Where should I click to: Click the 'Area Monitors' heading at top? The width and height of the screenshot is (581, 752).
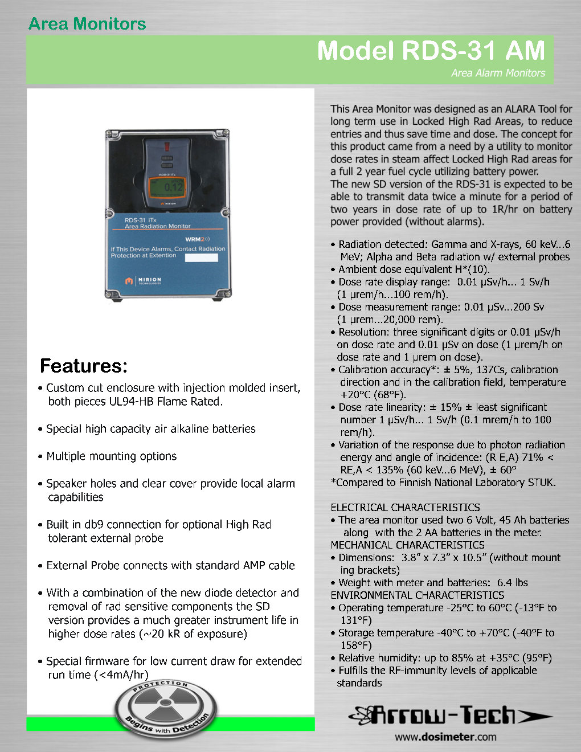[x=87, y=24]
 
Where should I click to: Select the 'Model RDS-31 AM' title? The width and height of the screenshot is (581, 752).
[x=431, y=51]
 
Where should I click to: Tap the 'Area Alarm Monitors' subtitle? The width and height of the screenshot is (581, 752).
[x=498, y=73]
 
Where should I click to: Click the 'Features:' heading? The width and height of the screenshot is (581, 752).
[x=84, y=366]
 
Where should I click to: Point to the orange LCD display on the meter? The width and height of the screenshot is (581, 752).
[x=166, y=186]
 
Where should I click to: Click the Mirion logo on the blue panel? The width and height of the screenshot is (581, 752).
[x=144, y=281]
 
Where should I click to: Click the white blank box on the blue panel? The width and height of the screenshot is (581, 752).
[x=202, y=258]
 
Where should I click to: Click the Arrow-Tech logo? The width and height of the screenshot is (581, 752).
[x=449, y=715]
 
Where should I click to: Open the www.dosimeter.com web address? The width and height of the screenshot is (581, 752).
[x=445, y=737]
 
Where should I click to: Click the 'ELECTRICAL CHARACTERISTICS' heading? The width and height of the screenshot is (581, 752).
[x=405, y=507]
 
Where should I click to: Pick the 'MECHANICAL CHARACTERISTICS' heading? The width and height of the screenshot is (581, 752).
[x=407, y=545]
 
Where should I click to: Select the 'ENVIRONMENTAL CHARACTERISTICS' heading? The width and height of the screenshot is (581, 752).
[x=417, y=595]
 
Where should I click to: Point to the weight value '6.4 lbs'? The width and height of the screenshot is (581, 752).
[x=512, y=582]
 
